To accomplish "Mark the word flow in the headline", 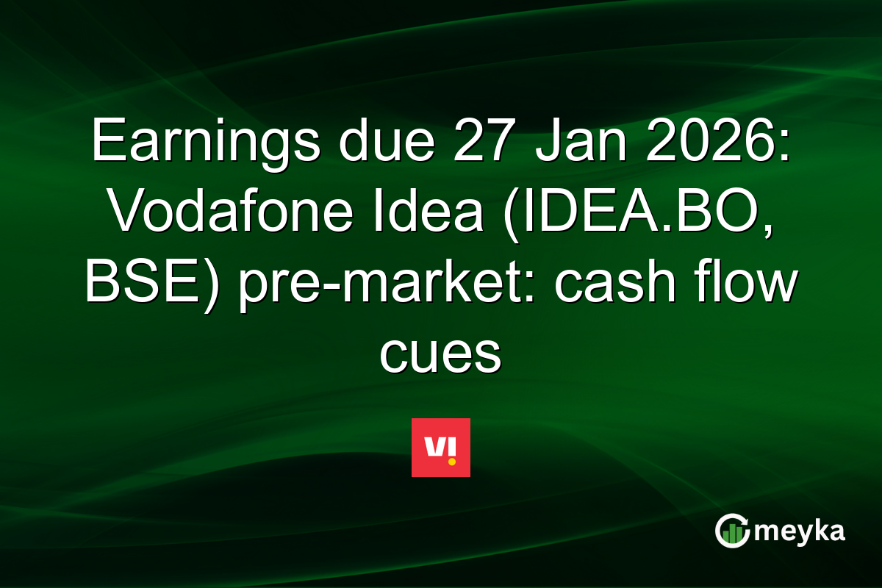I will pos(742,285).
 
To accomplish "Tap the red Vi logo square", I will pos(441,448).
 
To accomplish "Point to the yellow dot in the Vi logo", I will pos(451,462).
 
